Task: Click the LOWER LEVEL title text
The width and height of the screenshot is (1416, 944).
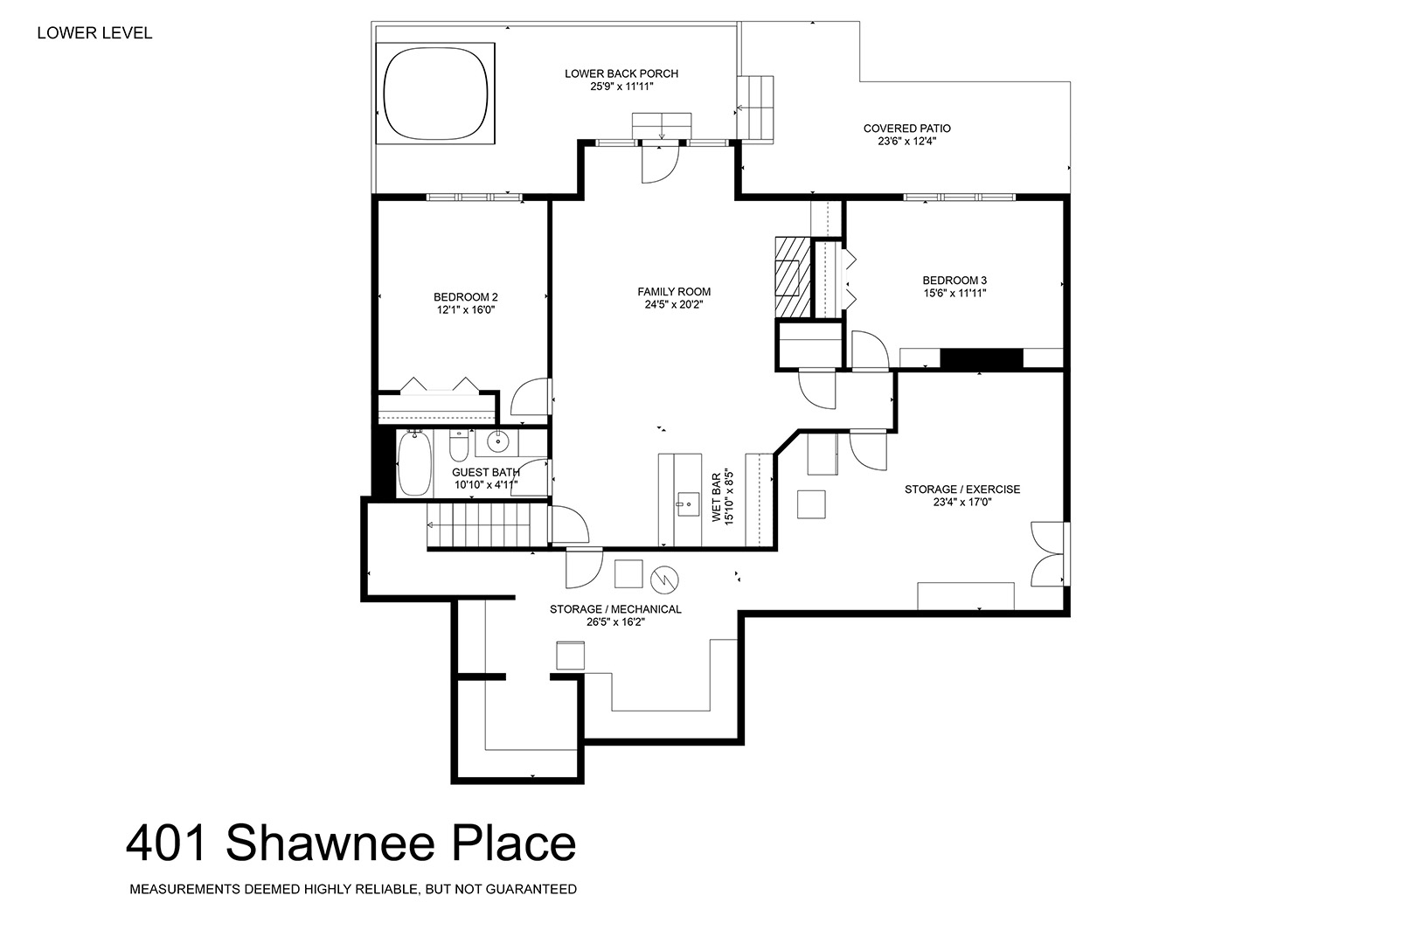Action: pyautogui.click(x=94, y=33)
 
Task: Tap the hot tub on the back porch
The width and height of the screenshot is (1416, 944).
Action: pyautogui.click(x=435, y=94)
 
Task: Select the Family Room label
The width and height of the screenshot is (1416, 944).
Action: pyautogui.click(x=674, y=291)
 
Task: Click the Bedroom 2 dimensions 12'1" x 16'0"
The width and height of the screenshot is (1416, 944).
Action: pyautogui.click(x=466, y=309)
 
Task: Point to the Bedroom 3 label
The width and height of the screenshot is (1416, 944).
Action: pyautogui.click(x=954, y=280)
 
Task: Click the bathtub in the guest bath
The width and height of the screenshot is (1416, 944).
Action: pyautogui.click(x=414, y=463)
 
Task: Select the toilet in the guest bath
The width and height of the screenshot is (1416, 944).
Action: pyautogui.click(x=459, y=445)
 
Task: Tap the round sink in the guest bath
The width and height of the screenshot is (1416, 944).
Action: pyautogui.click(x=498, y=441)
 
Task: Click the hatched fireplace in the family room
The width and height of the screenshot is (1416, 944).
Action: pyautogui.click(x=794, y=277)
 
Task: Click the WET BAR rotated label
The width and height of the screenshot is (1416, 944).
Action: pyautogui.click(x=716, y=497)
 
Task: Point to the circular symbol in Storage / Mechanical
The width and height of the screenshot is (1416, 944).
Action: pyautogui.click(x=664, y=579)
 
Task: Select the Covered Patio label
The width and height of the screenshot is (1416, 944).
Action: pyautogui.click(x=907, y=128)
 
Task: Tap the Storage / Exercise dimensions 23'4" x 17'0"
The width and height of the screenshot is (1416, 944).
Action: pyautogui.click(x=962, y=502)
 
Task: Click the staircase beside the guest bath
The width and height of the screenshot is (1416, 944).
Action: pyautogui.click(x=488, y=524)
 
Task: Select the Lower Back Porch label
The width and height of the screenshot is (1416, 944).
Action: pyautogui.click(x=621, y=73)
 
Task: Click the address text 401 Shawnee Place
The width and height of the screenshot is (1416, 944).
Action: pyautogui.click(x=351, y=843)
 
